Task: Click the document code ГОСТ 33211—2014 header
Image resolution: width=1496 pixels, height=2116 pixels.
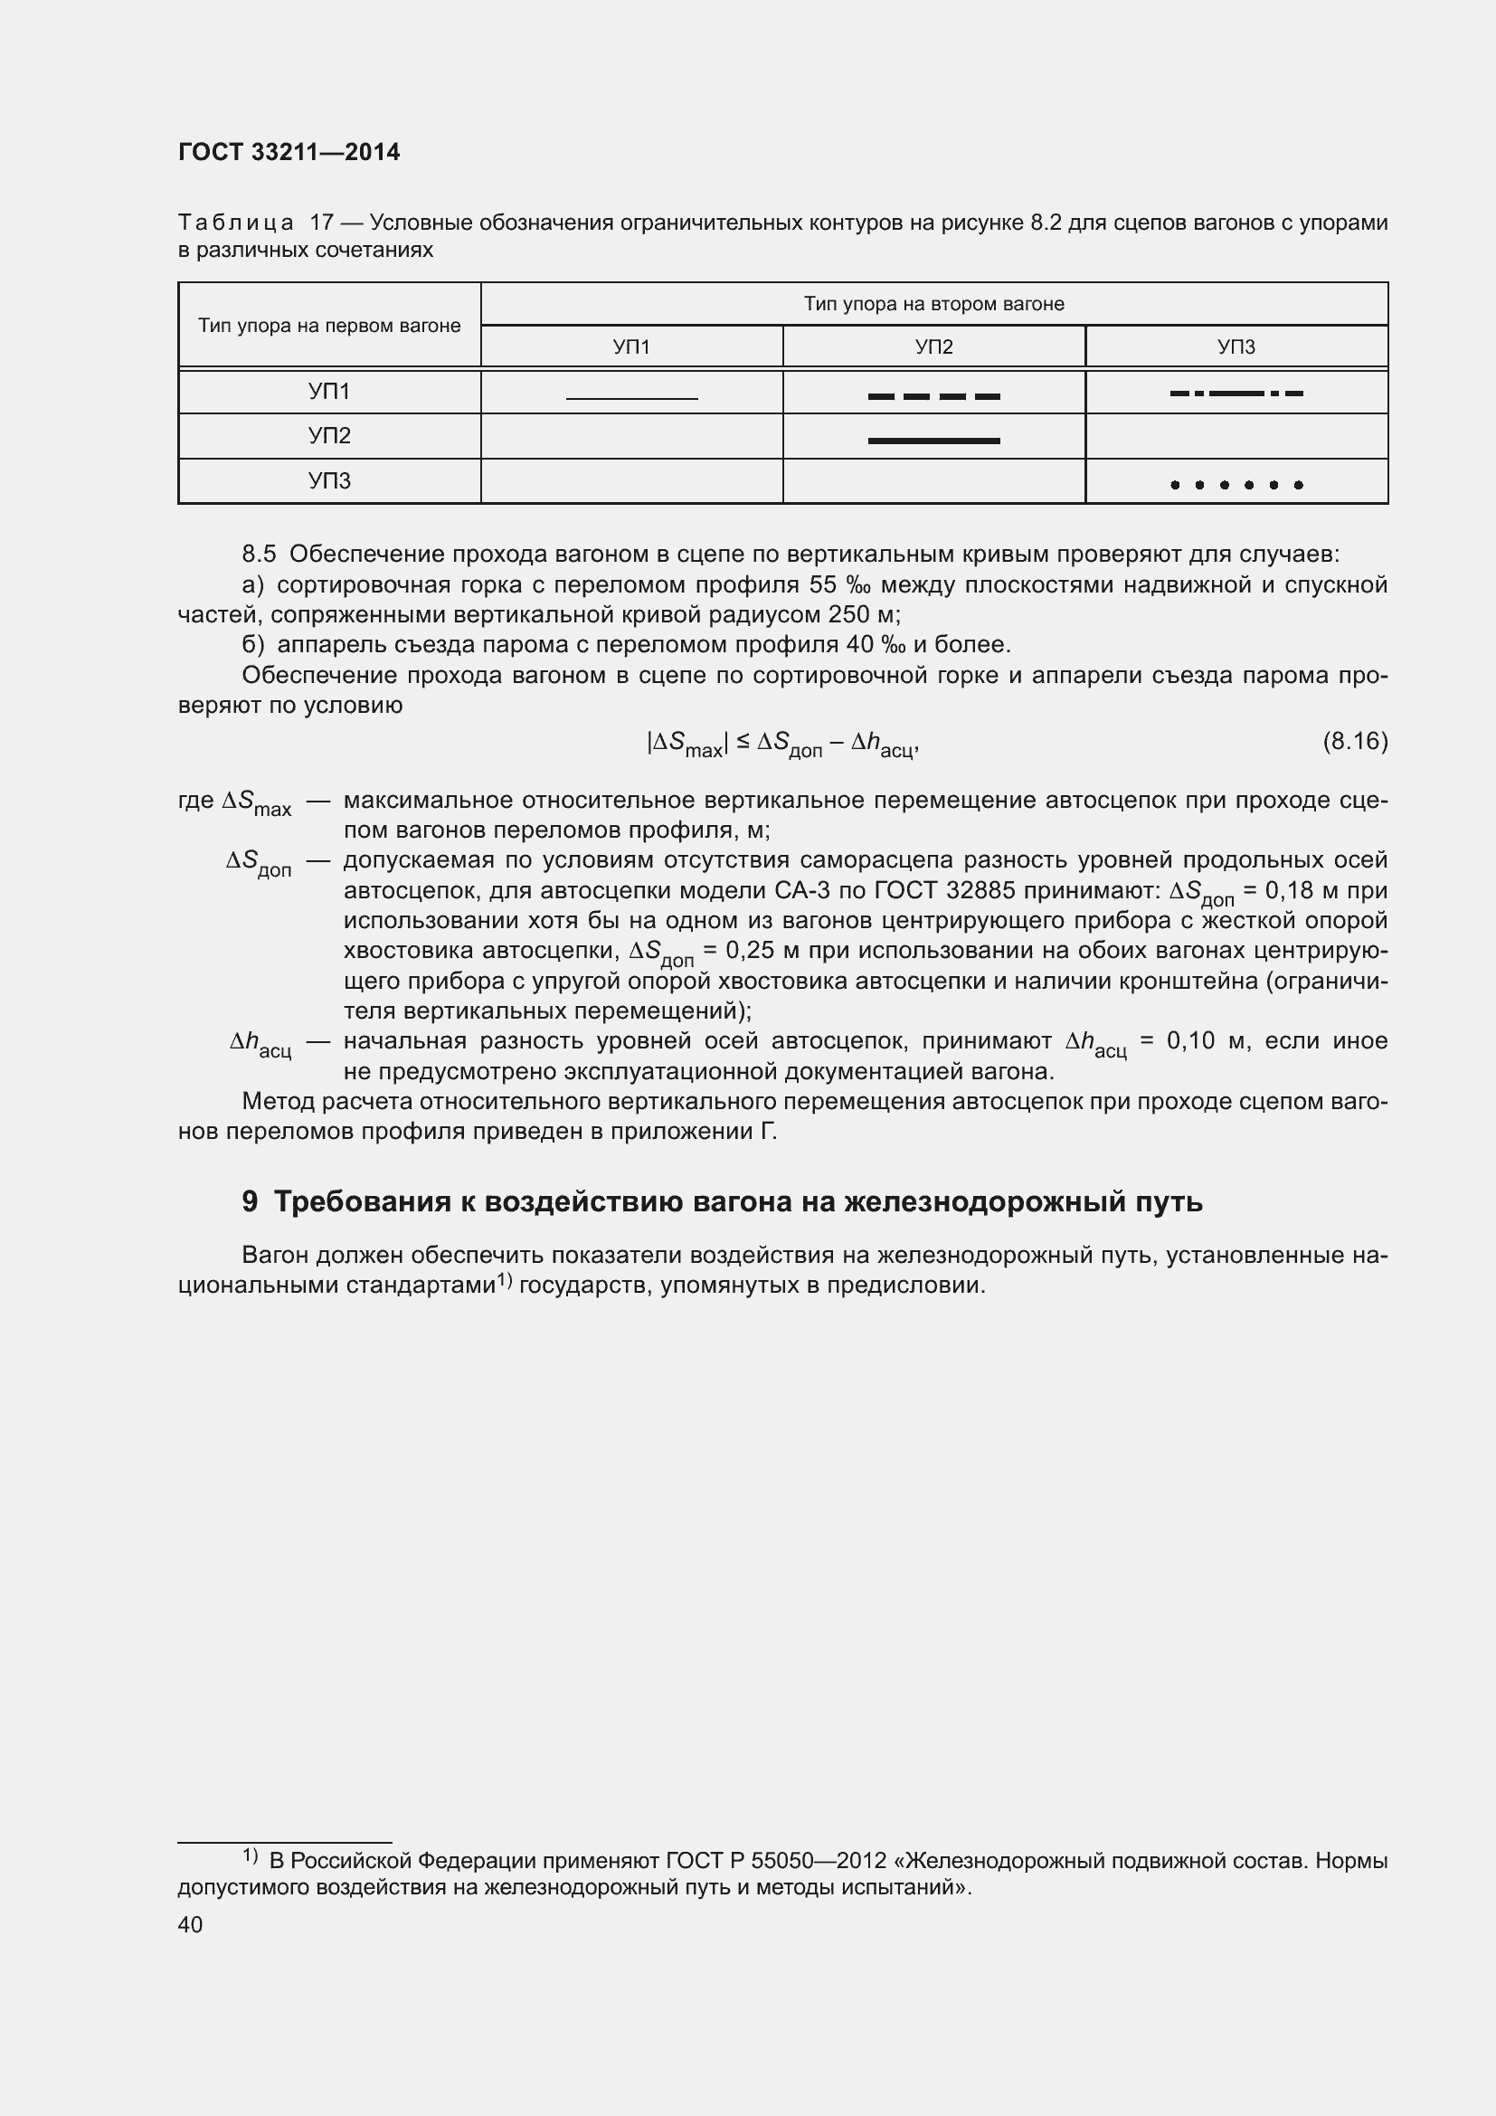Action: click(289, 153)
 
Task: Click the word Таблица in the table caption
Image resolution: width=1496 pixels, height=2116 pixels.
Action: click(236, 223)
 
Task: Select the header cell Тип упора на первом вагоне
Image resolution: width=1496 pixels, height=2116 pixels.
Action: click(329, 327)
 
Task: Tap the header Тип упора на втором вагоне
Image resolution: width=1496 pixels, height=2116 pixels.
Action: click(933, 304)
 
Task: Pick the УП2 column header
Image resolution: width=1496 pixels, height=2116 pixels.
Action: click(933, 347)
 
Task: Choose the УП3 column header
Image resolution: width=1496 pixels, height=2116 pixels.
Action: click(1236, 347)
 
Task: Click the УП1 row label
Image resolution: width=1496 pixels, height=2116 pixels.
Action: click(329, 393)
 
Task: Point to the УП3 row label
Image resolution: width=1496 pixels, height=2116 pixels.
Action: click(329, 481)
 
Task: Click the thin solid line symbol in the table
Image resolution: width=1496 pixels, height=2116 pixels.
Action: click(632, 398)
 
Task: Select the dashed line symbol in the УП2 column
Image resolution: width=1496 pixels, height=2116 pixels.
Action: click(933, 397)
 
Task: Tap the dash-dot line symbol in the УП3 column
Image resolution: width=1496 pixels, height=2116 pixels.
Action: click(1236, 394)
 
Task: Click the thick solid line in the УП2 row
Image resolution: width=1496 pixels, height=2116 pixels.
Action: click(933, 441)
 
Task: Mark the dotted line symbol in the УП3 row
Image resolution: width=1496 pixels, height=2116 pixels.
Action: click(1236, 485)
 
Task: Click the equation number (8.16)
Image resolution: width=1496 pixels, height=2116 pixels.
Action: click(1354, 741)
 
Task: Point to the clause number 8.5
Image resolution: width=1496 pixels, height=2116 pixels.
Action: click(259, 555)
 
